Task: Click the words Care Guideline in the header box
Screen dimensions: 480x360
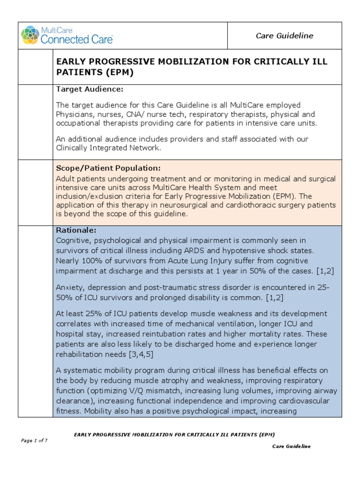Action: pyautogui.click(x=291, y=36)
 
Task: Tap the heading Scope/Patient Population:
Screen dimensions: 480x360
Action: pyautogui.click(x=108, y=168)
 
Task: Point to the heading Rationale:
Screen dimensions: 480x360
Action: pyautogui.click(x=76, y=230)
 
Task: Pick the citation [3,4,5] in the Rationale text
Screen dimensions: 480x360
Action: pyautogui.click(x=138, y=354)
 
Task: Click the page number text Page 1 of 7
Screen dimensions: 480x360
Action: pyautogui.click(x=34, y=440)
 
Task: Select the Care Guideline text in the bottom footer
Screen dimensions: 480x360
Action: pyautogui.click(x=291, y=446)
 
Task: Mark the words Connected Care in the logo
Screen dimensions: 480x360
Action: pyautogui.click(x=76, y=39)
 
